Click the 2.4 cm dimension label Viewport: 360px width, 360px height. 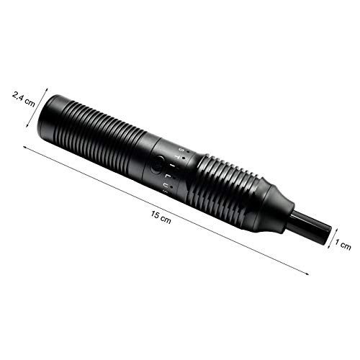(x=24, y=102)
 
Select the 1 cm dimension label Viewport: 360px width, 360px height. (x=343, y=246)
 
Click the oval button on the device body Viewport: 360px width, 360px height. (x=158, y=165)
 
